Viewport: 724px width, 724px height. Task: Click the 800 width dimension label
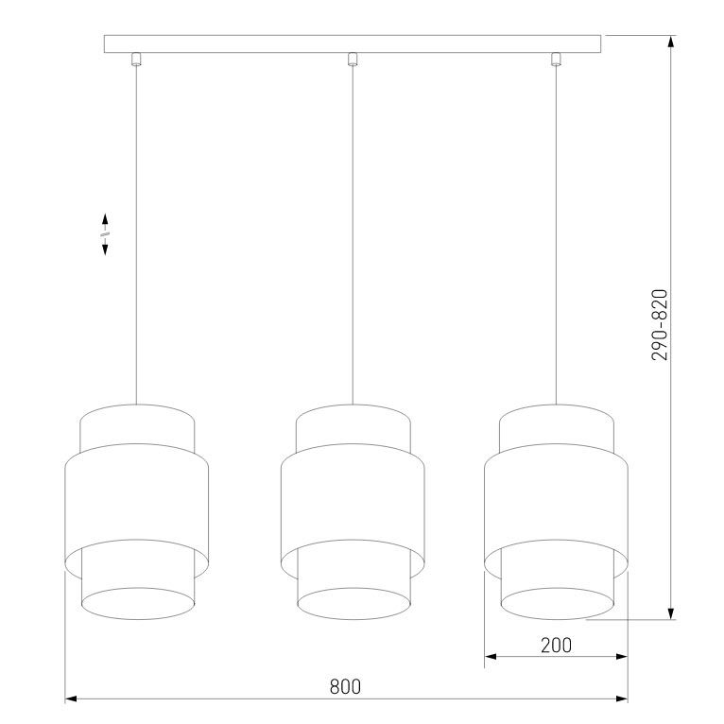[346, 687]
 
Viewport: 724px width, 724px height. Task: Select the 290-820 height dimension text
[661, 324]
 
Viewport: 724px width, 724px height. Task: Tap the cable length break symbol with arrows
[105, 233]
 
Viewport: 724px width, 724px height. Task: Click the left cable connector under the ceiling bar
[137, 60]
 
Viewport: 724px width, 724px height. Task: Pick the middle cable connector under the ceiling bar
[352, 60]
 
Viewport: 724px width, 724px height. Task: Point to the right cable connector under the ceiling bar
[556, 60]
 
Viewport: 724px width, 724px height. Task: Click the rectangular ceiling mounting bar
[352, 43]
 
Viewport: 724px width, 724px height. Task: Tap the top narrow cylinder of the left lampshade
[137, 427]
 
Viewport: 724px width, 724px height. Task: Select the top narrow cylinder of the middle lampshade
[352, 427]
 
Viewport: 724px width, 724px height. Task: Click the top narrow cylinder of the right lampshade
[556, 427]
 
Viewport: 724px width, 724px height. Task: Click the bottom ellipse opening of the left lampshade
[137, 603]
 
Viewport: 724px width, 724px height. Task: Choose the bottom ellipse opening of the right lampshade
[556, 603]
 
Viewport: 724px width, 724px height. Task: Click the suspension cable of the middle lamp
[352, 236]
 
